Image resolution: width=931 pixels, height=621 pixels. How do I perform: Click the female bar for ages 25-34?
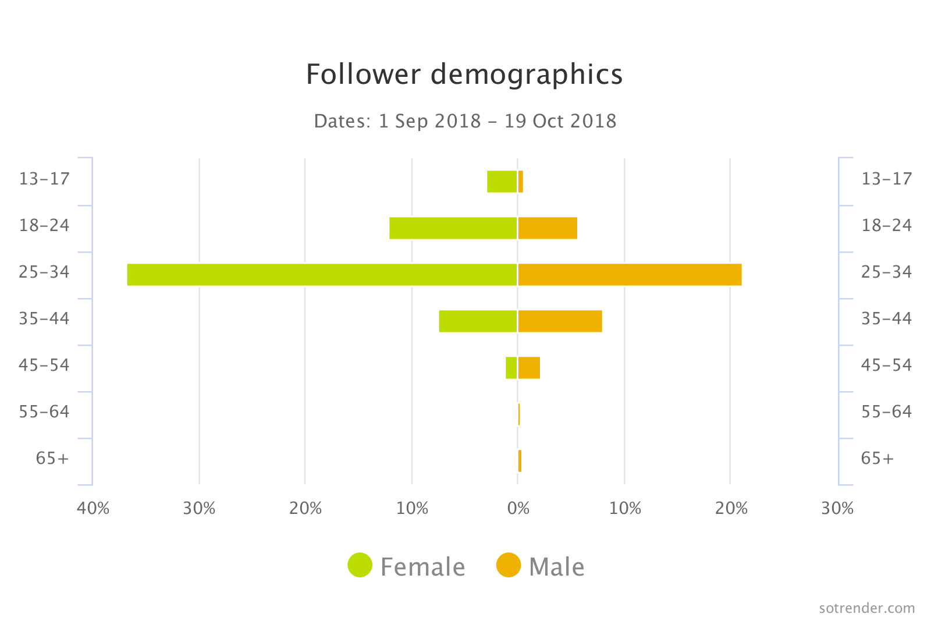click(322, 275)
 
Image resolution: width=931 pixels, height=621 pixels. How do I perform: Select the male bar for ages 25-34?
click(630, 275)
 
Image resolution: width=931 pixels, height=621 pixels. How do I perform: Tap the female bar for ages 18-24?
click(453, 228)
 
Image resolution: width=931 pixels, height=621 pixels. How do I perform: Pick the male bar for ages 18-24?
click(548, 228)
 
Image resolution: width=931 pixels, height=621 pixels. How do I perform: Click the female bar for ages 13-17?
click(502, 182)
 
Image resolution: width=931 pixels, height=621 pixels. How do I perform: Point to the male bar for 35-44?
click(560, 321)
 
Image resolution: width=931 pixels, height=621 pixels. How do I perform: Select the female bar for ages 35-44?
click(478, 321)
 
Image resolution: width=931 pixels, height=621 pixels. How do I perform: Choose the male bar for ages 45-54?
click(529, 368)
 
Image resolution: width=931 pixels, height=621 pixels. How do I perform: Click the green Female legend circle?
click(360, 565)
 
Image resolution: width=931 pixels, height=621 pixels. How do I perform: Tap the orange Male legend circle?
click(508, 565)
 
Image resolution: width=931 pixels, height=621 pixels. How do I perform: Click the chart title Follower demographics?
click(464, 74)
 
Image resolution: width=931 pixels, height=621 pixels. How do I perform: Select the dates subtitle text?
click(465, 121)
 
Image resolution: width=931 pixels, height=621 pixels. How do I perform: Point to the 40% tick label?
click(93, 509)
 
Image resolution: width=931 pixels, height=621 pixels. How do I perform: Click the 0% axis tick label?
click(518, 509)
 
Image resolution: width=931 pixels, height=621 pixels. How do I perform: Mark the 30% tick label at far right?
click(837, 509)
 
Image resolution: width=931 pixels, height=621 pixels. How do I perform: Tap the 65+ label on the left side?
click(52, 459)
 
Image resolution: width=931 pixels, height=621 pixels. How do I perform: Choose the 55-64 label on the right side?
click(886, 412)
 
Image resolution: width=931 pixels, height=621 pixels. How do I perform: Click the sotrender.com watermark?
click(866, 608)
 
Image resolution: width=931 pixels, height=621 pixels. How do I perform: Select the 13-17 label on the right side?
click(886, 179)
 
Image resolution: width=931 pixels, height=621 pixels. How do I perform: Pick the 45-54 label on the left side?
click(44, 365)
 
